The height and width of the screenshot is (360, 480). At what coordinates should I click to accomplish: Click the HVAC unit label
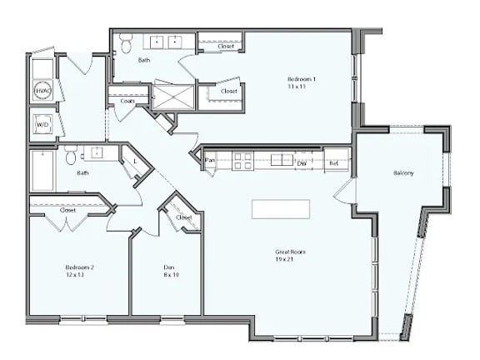coord(43,90)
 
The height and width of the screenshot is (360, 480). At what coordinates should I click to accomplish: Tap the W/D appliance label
coord(42,125)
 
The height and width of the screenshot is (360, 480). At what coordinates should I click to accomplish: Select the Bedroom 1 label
coord(302,78)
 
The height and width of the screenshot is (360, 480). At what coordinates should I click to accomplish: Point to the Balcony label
coord(404,173)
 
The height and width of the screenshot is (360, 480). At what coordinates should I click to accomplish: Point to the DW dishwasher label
coord(302,163)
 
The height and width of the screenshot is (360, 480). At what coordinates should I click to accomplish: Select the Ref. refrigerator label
coord(334,163)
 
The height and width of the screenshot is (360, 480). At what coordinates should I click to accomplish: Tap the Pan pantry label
coord(210,161)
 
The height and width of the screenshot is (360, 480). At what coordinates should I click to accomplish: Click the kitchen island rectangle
coord(281,208)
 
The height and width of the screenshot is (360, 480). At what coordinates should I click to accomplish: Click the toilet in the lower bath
coord(72,156)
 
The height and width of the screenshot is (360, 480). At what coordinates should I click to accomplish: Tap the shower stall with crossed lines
coord(173,97)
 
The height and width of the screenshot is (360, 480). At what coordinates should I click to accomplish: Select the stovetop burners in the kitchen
coord(242,160)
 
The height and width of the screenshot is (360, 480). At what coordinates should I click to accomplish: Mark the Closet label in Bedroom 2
coord(68,210)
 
